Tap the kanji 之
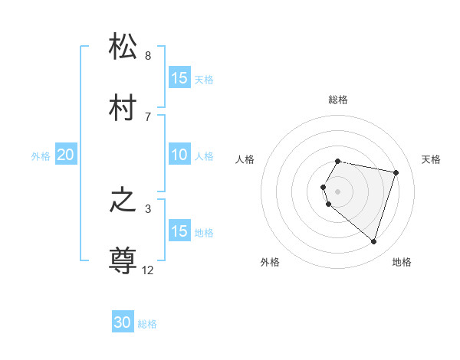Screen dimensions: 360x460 pos(123,201)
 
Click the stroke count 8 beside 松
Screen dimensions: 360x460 pos(148,56)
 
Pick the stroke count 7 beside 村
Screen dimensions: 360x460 pos(148,116)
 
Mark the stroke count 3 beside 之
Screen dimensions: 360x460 pos(148,209)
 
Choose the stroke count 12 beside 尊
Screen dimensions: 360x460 pos(148,270)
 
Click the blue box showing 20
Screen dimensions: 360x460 pos(65,155)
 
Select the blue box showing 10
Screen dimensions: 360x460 pos(179,155)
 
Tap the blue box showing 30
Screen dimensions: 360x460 pos(123,323)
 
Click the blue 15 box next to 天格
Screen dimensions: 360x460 pos(179,78)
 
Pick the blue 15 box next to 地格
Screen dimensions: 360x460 pos(179,231)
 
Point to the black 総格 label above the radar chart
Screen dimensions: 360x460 pos(338,100)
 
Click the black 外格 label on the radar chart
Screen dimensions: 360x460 pos(270,262)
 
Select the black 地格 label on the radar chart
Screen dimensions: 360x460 pos(402,262)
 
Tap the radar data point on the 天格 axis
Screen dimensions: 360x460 pos(396,172)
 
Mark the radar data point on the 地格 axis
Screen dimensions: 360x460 pos(373,241)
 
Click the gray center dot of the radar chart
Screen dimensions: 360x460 pos(338,191)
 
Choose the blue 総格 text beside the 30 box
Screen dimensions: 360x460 pos(148,324)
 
